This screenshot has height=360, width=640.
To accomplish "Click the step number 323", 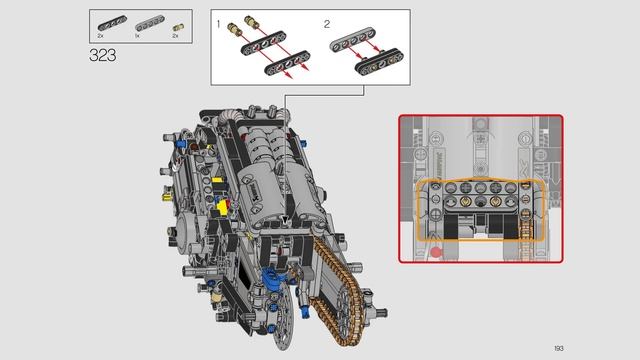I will coord(103,55).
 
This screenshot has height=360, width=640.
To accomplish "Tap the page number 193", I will coord(559,347).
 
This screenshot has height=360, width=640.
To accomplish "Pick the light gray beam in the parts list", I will coord(146,21).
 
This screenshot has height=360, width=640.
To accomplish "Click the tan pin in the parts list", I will coord(177,22).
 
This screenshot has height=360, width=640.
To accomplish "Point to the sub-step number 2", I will coord(326,22).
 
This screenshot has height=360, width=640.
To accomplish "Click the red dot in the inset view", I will coord(436,252).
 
